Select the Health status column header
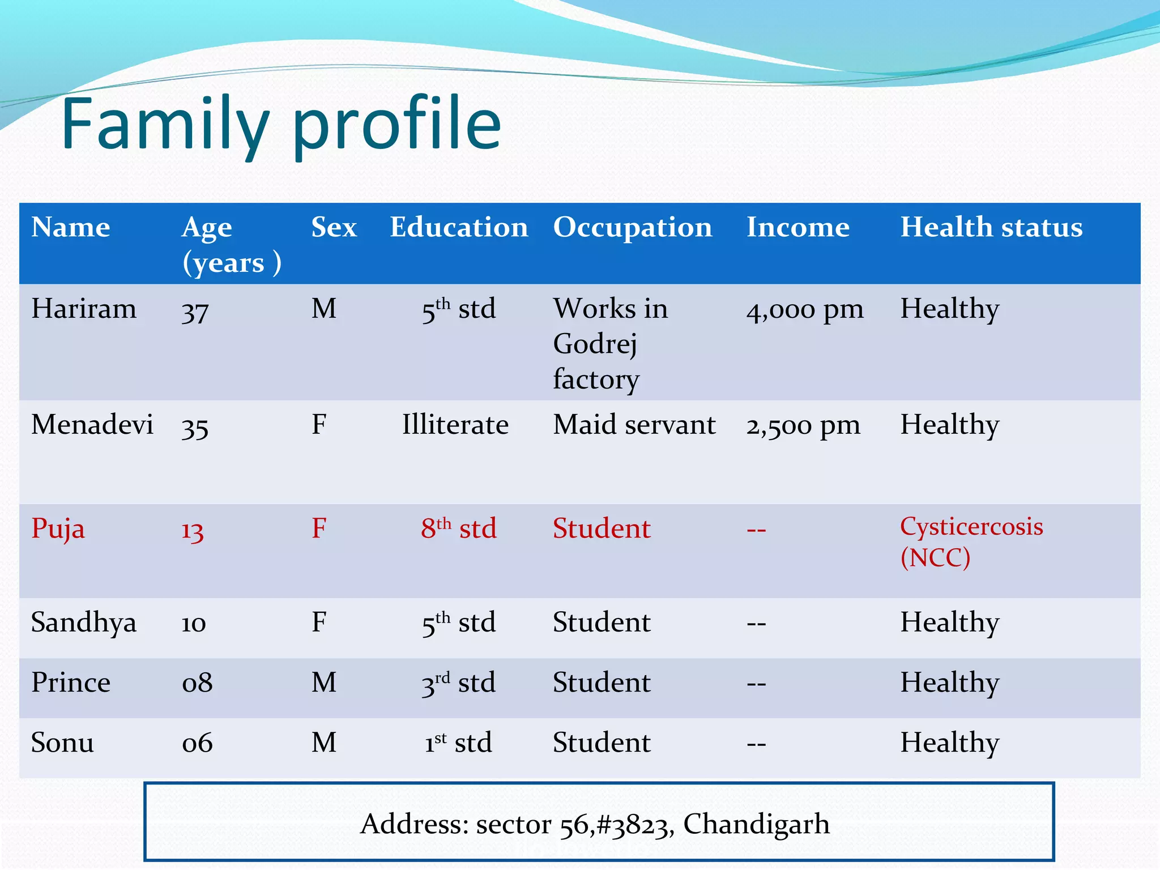(x=991, y=228)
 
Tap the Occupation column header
(x=632, y=228)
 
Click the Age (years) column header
(x=231, y=245)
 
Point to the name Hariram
(x=84, y=309)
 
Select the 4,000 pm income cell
(x=804, y=310)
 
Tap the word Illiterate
(x=455, y=425)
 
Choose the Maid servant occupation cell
(x=634, y=425)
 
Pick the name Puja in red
(x=58, y=529)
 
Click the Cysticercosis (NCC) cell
(x=971, y=541)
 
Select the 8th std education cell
(x=458, y=528)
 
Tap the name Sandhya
(x=84, y=622)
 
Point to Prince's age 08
(x=197, y=683)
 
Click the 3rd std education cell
(x=458, y=683)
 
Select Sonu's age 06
(x=197, y=743)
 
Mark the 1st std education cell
(x=458, y=743)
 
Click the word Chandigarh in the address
(x=756, y=824)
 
